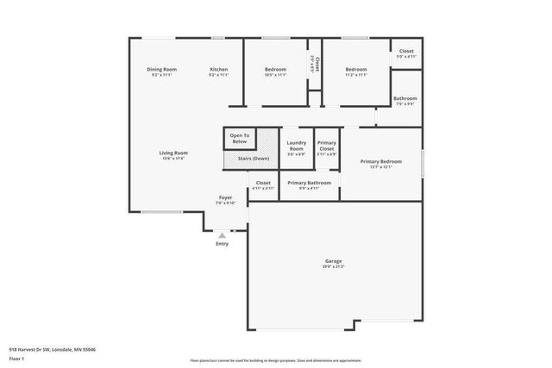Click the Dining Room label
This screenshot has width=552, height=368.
click(x=161, y=69)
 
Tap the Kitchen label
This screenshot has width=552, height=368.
click(x=219, y=69)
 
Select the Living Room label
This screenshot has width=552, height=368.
click(x=172, y=153)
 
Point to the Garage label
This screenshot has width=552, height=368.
click(x=333, y=260)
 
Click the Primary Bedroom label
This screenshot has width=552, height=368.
click(x=380, y=161)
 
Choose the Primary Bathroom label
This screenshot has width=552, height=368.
click(x=309, y=183)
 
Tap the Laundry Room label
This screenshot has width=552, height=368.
click(x=296, y=146)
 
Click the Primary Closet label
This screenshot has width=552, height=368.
click(x=327, y=146)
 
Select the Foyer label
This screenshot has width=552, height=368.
click(x=225, y=197)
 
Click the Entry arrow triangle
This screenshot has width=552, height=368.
click(x=223, y=234)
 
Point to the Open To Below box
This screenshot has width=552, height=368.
click(x=240, y=138)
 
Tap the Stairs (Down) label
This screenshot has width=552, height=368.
click(x=249, y=159)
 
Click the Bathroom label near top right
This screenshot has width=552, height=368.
click(x=405, y=98)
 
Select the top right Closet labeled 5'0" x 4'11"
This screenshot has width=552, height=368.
click(x=405, y=51)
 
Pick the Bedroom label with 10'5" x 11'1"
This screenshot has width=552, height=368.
click(x=275, y=69)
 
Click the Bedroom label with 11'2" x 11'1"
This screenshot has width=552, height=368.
click(x=357, y=69)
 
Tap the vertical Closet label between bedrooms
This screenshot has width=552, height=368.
click(x=317, y=64)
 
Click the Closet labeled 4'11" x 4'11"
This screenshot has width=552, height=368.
click(x=263, y=183)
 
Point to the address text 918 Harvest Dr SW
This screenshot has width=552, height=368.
click(x=52, y=350)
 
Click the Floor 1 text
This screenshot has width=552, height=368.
click(x=17, y=359)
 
